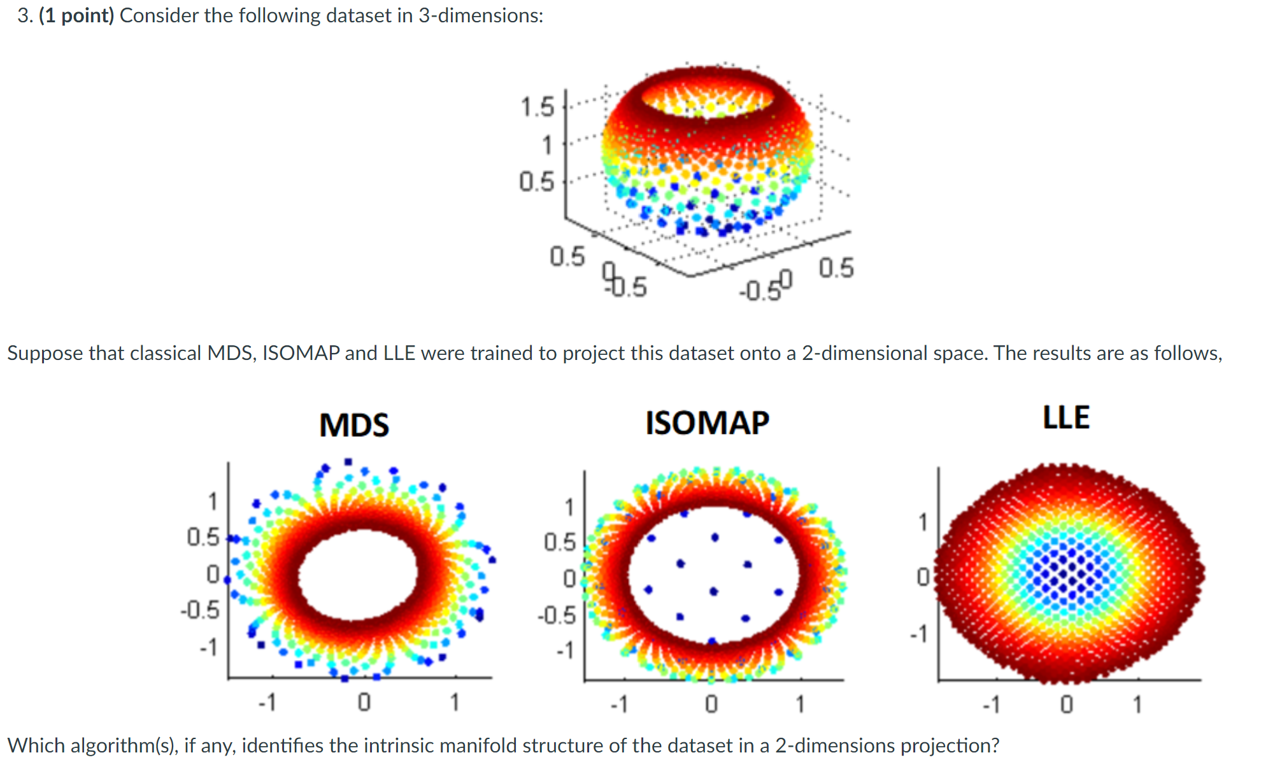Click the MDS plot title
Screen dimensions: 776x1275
[354, 425]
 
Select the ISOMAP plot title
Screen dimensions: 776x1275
[707, 423]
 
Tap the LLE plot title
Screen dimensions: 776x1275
[1065, 418]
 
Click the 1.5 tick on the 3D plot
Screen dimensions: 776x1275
[538, 107]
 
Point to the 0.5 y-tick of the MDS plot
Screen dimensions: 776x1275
[203, 537]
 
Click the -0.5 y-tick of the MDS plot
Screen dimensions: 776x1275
[200, 610]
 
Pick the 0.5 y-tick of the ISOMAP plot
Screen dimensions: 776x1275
[559, 542]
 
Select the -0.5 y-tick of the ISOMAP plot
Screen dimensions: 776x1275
[557, 615]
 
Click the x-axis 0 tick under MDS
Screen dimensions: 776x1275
[364, 702]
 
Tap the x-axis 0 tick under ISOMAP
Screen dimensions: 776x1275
[711, 704]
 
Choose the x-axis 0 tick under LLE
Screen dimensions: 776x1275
[1066, 705]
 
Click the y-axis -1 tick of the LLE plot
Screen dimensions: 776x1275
[918, 633]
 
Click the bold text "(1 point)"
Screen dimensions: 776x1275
[76, 15]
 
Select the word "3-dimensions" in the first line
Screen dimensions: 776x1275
[480, 15]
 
